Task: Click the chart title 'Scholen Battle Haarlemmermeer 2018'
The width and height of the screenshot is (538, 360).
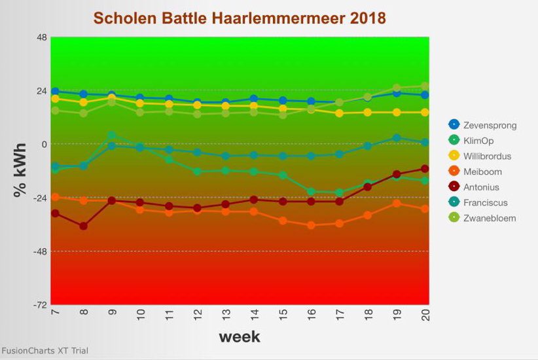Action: [x=240, y=18]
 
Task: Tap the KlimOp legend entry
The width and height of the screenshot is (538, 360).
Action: [x=478, y=141]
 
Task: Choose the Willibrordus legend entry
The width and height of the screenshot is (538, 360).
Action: [x=487, y=156]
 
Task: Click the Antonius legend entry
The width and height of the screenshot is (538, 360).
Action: [x=481, y=187]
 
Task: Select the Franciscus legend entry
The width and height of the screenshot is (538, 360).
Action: [x=485, y=203]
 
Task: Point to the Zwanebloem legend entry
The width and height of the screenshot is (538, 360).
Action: [x=489, y=218]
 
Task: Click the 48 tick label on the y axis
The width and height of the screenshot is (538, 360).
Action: [x=41, y=37]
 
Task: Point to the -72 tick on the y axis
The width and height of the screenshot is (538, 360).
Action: [x=40, y=305]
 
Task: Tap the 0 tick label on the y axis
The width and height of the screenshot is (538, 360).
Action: [x=44, y=144]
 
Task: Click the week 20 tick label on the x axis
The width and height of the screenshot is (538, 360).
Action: [x=425, y=316]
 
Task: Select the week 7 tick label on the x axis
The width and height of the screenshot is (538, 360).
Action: [x=55, y=316]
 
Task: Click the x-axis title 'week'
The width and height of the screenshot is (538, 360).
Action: [x=239, y=337]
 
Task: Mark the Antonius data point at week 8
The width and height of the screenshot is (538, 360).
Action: [x=83, y=226]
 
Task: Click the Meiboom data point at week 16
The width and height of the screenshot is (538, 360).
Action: [x=311, y=225]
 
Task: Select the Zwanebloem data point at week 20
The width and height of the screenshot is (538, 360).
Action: [x=425, y=86]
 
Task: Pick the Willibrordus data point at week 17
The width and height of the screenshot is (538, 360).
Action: [x=339, y=113]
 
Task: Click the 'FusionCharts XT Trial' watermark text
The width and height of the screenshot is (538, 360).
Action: [x=45, y=351]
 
